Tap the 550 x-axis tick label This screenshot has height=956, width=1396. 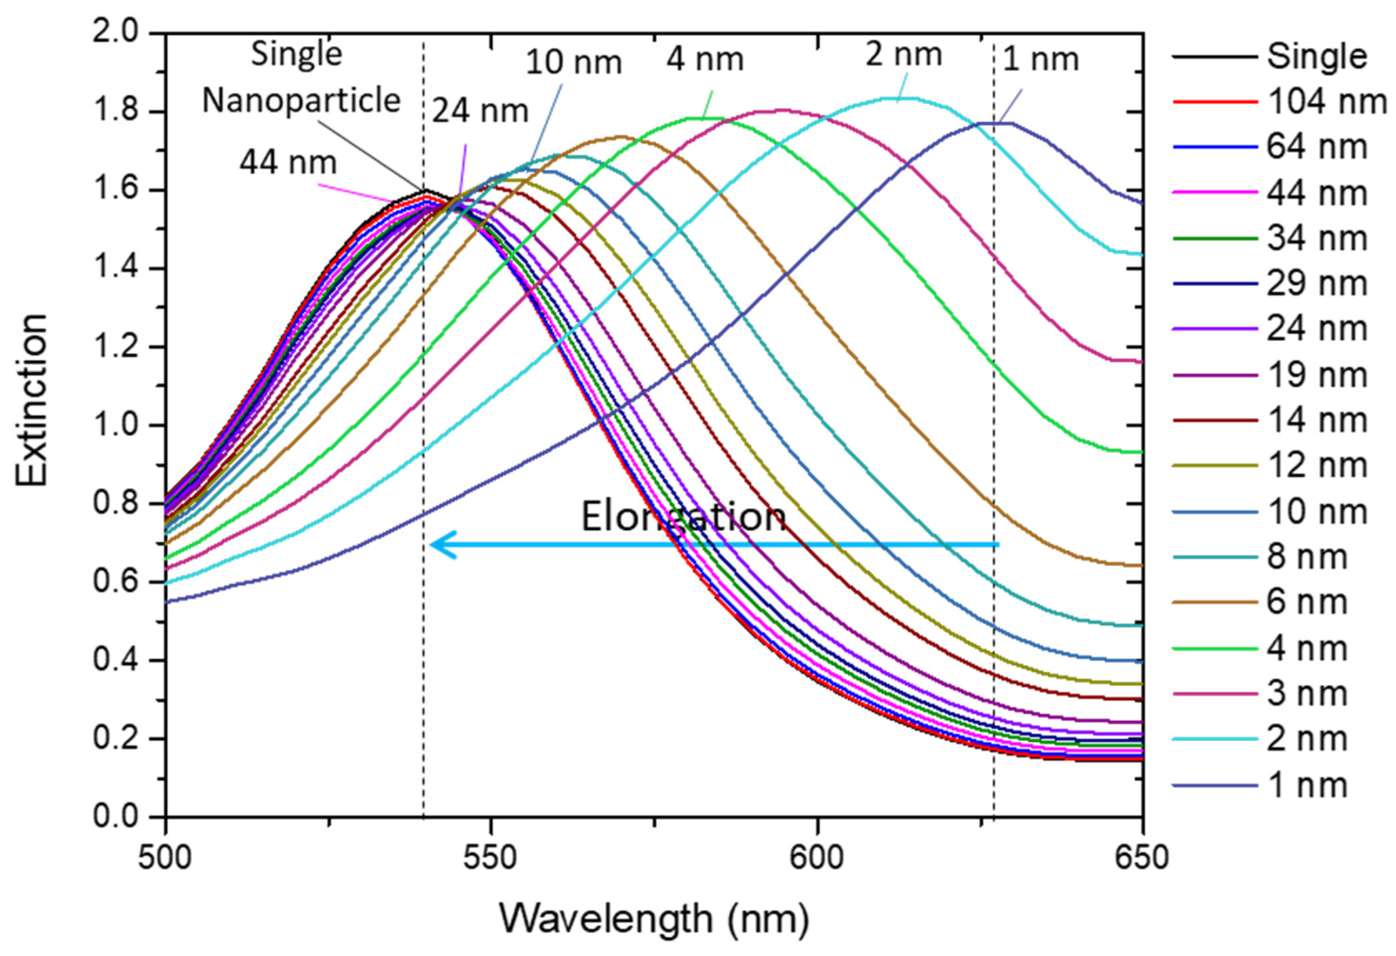click(491, 858)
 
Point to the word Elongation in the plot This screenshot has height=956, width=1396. click(684, 517)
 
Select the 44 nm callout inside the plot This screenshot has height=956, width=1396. click(289, 162)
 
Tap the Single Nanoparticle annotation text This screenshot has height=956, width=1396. click(300, 77)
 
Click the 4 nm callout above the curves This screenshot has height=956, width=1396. click(704, 59)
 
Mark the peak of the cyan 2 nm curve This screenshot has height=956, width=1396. click(901, 98)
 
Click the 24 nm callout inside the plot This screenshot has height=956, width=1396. click(480, 111)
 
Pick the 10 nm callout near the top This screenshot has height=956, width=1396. click(574, 62)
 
